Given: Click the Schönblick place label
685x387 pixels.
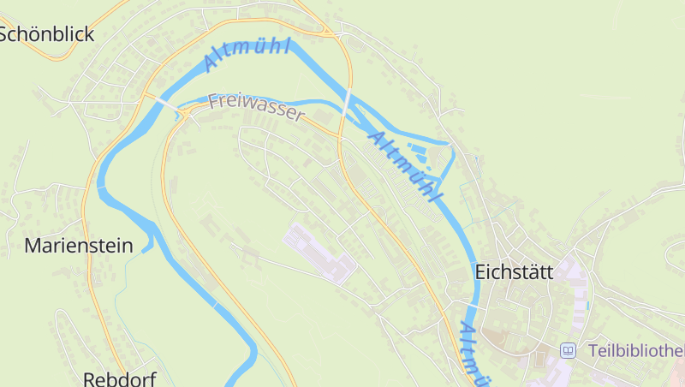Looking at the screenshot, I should [46, 34].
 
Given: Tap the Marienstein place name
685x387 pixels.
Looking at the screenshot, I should [79, 247].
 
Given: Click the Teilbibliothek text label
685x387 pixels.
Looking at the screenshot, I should [636, 351].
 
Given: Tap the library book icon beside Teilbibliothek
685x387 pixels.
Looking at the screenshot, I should [568, 351].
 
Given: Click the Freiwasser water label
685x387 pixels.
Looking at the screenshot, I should [255, 108].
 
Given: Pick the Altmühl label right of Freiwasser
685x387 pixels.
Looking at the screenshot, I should [405, 166].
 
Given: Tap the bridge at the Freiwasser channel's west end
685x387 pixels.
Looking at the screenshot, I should [182, 112].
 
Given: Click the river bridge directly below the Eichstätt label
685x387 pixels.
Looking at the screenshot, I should [474, 304].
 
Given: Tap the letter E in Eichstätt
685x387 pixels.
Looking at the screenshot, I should [480, 272].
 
